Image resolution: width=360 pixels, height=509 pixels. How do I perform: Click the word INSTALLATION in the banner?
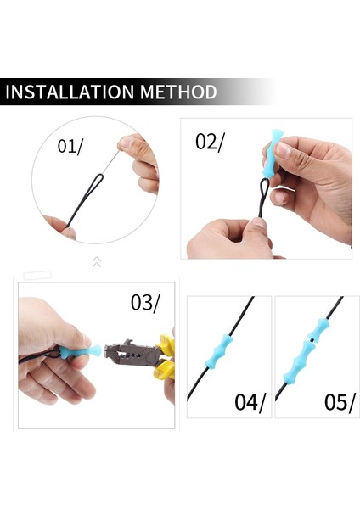[x=70, y=92]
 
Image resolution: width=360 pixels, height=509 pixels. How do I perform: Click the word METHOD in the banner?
[x=178, y=92]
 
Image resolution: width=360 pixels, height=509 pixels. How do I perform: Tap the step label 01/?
[x=70, y=146]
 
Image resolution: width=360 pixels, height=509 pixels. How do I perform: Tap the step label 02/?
[x=210, y=142]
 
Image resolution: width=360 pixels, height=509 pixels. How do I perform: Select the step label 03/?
[x=145, y=303]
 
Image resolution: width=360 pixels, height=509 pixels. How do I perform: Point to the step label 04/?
[x=250, y=402]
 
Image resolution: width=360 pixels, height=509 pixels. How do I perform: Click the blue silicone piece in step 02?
[x=272, y=154]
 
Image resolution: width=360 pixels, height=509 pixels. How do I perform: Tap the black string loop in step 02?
[x=263, y=198]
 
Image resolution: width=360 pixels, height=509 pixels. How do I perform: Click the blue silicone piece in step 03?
[x=81, y=351]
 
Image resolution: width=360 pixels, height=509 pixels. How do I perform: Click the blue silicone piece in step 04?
[x=219, y=351]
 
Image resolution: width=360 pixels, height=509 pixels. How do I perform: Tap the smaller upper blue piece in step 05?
[x=318, y=329]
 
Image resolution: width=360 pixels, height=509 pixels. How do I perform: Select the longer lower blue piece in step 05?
[x=299, y=362]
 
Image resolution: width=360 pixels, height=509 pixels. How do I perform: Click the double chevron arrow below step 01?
[x=97, y=261]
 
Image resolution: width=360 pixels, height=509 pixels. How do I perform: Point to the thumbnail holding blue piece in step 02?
[x=284, y=150]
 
